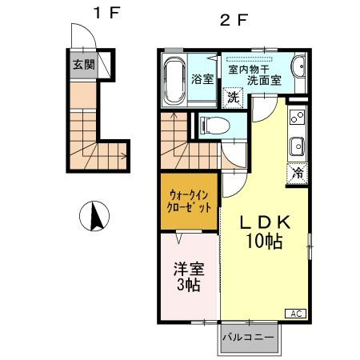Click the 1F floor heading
106,13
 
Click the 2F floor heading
234,20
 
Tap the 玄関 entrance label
84,64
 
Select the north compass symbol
94,216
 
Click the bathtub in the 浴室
174,81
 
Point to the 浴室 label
202,79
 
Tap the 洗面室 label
264,80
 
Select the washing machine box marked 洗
233,98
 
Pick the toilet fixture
215,126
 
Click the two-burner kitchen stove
298,117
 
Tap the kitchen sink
298,146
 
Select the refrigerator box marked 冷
298,174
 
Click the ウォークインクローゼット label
189,202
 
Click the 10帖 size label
264,241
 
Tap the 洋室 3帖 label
189,277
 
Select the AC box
296,314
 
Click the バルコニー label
248,338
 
